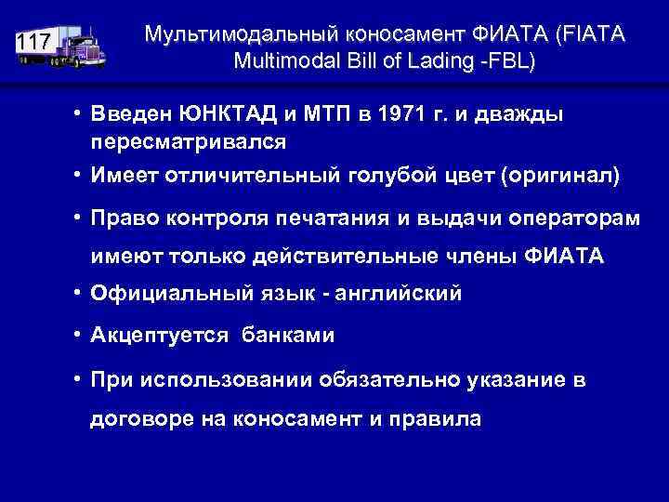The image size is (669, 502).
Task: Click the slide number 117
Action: coord(34,42)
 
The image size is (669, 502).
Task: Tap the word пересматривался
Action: coord(188,142)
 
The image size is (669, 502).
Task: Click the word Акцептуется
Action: coord(159,336)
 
